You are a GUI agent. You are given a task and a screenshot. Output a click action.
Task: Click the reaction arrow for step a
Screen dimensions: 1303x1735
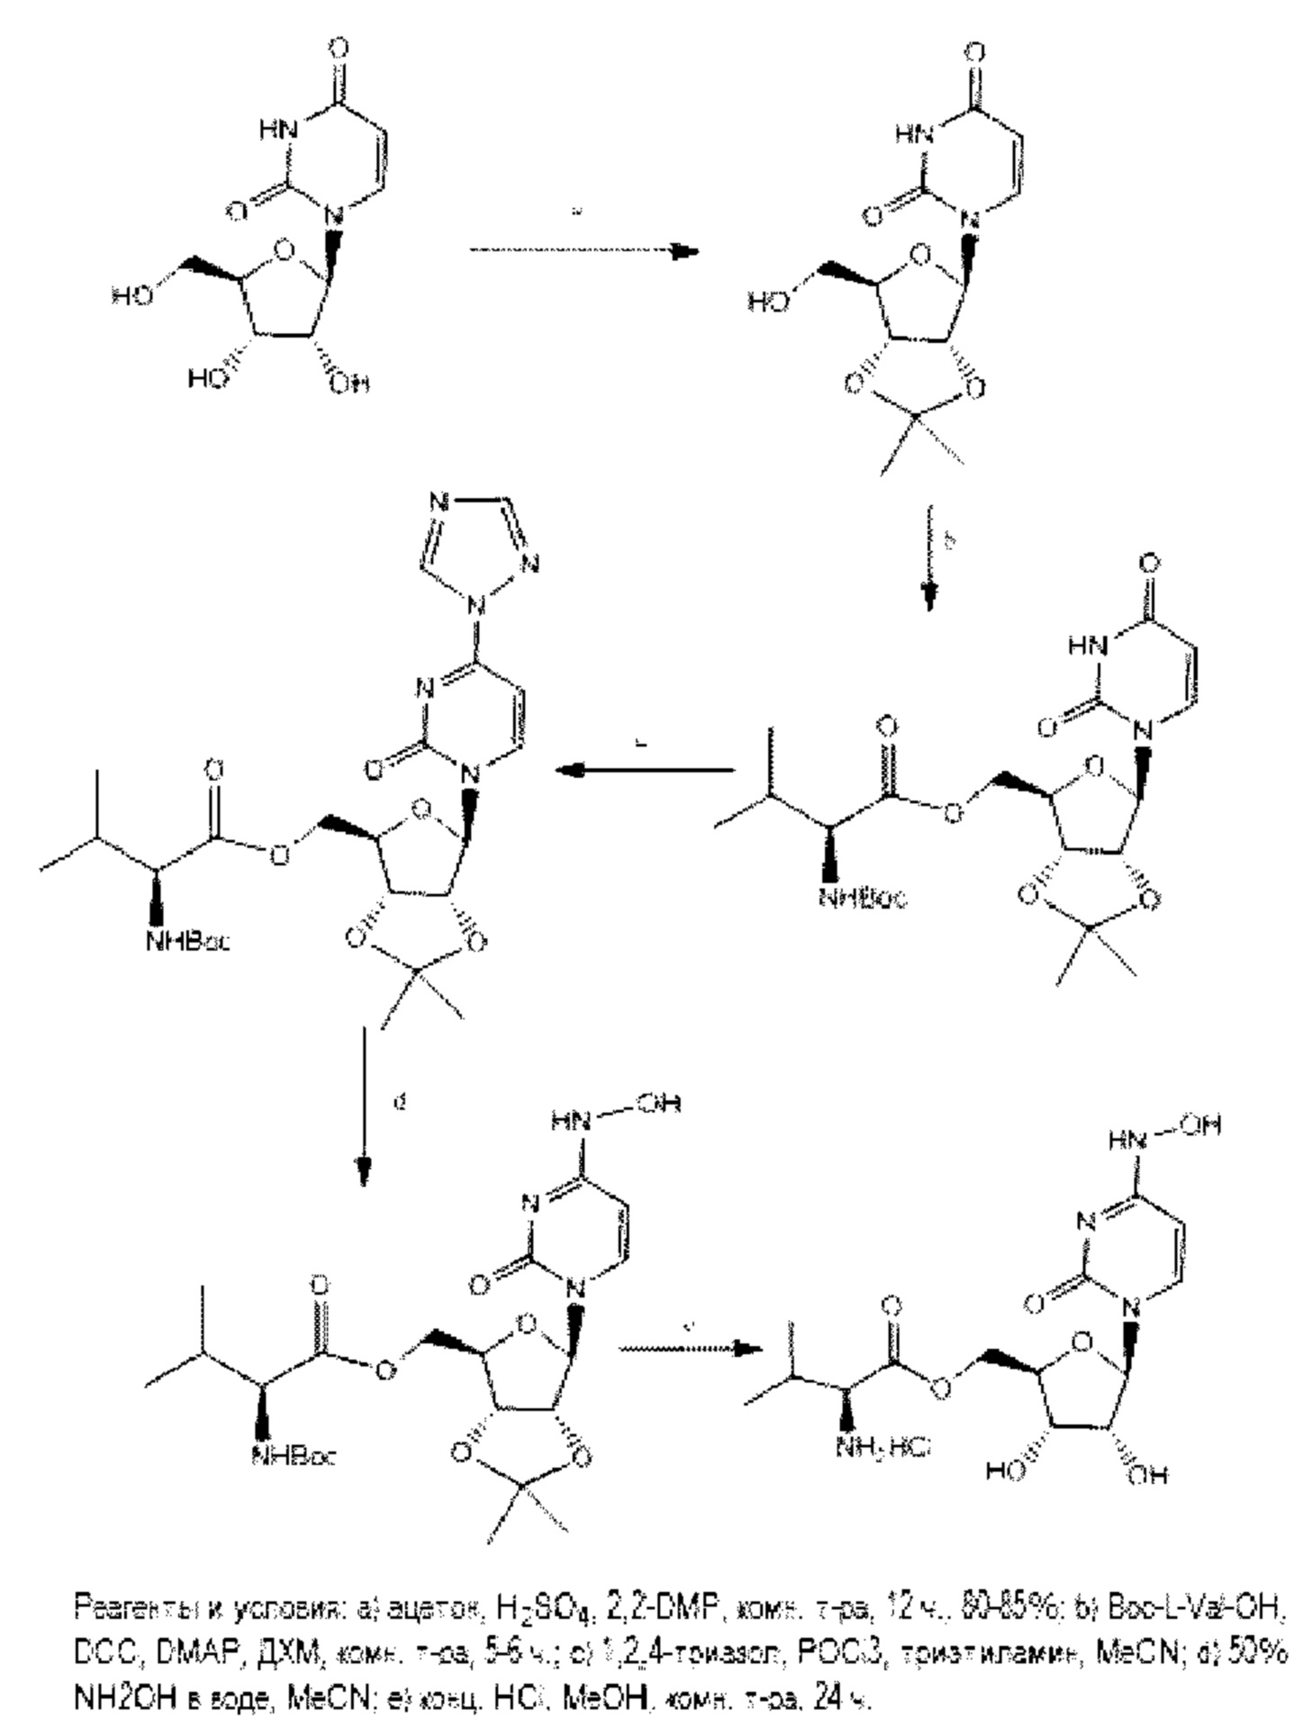(x=584, y=251)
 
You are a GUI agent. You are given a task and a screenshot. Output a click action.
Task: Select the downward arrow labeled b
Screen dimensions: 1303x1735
(x=928, y=558)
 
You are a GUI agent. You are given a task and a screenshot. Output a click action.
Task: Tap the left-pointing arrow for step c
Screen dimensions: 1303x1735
(x=645, y=770)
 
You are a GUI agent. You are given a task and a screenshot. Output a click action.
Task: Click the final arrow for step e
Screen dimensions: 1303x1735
(x=690, y=1348)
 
